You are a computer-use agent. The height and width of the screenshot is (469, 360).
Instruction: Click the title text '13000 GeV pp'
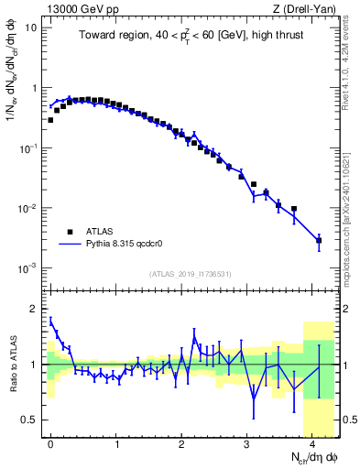point(72,8)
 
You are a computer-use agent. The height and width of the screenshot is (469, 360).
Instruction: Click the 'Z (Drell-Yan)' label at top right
point(307,8)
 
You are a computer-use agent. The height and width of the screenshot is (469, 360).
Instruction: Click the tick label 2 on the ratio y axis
point(34,309)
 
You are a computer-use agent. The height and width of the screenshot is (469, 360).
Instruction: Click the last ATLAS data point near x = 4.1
point(319,241)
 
